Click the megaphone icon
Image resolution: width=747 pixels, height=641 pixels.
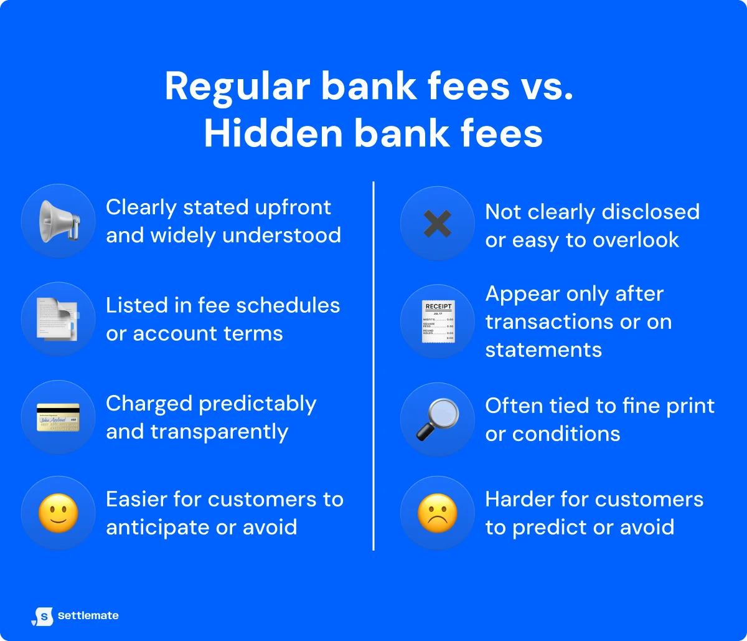[59, 221]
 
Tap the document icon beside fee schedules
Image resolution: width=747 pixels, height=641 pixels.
[59, 319]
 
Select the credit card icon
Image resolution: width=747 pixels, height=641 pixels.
[59, 417]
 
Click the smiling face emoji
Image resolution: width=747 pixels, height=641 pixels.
[59, 513]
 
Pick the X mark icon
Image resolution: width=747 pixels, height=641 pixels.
[438, 224]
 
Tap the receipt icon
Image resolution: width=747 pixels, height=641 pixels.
[438, 321]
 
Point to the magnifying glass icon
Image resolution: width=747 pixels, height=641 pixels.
[438, 419]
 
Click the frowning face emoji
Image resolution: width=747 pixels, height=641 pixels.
[438, 513]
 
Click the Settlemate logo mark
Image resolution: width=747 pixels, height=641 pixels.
[42, 616]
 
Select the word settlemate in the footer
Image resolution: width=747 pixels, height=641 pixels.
[88, 616]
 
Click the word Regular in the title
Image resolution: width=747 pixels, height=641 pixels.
[238, 87]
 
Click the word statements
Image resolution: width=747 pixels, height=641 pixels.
[543, 350]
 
